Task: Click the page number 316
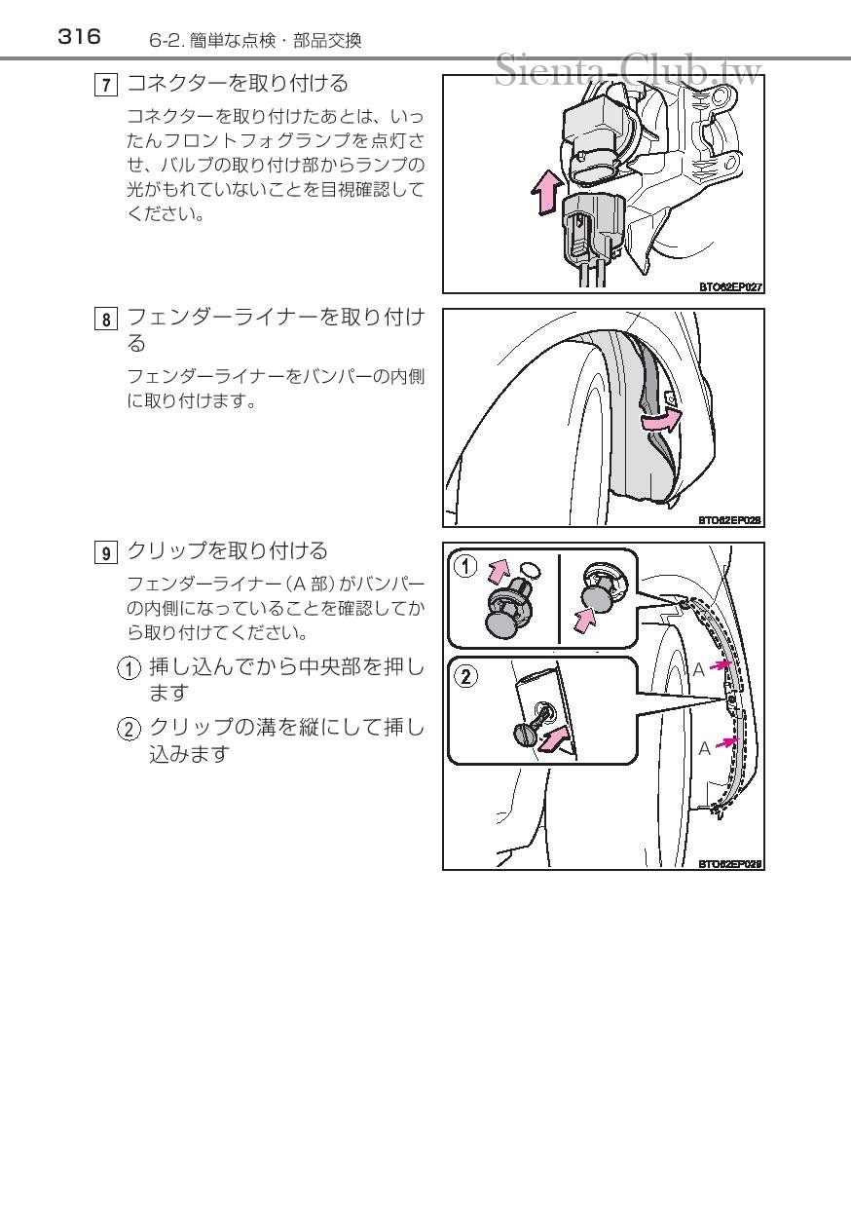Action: [79, 37]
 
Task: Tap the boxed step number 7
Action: [106, 85]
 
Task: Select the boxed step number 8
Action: [106, 320]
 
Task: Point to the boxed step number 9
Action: [106, 553]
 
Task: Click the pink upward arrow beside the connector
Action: [547, 193]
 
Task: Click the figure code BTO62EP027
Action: [730, 287]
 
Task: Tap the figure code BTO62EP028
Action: [729, 520]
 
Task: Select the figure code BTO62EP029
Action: [729, 863]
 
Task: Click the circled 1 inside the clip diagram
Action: [465, 567]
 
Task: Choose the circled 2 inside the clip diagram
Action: [465, 676]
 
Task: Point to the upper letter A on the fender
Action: [698, 670]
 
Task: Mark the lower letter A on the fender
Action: [704, 748]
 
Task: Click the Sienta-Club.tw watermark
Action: [628, 70]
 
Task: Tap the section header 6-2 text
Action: [255, 41]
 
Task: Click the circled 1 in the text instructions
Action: [129, 668]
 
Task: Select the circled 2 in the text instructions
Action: [129, 730]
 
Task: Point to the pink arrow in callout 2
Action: [553, 737]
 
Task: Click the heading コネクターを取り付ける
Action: [238, 84]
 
